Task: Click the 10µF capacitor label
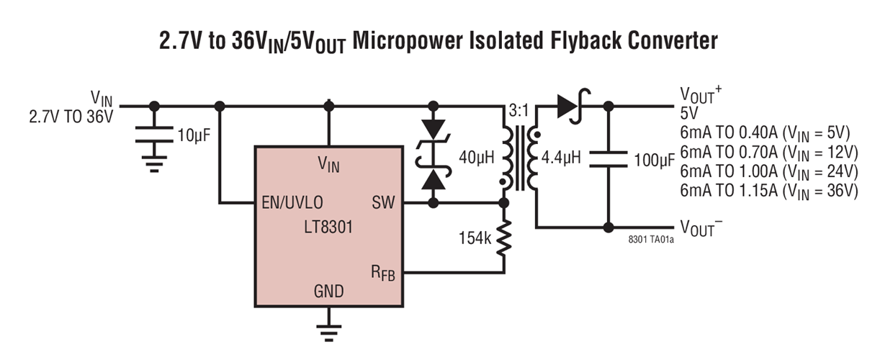(x=193, y=135)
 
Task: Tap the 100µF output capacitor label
(x=653, y=161)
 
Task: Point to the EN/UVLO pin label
(x=292, y=203)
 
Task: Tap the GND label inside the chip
(x=328, y=292)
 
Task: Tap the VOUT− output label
(x=701, y=228)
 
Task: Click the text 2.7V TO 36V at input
(x=71, y=117)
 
